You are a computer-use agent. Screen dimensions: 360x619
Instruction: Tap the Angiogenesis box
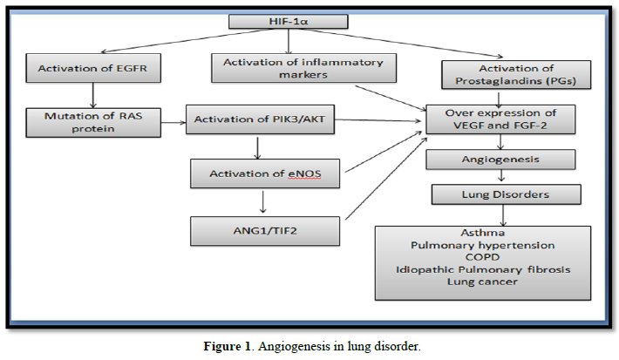501,160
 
